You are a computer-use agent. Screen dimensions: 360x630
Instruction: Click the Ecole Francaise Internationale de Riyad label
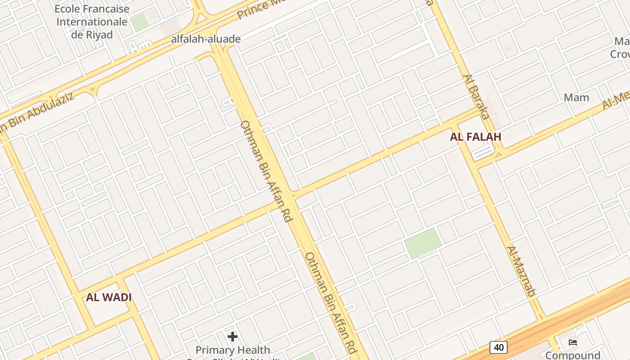[92, 21]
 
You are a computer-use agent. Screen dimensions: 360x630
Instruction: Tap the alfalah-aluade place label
[206, 39]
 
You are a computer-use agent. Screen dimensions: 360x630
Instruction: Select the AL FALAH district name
[475, 137]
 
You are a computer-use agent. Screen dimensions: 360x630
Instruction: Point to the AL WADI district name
[109, 297]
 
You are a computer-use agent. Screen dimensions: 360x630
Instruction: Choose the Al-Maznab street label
[521, 271]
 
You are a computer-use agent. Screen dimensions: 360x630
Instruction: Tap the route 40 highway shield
[499, 347]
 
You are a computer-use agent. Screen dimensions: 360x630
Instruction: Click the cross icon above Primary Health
[233, 336]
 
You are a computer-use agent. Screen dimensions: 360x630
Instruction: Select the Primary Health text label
[233, 350]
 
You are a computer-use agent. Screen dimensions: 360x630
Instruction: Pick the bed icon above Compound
[573, 342]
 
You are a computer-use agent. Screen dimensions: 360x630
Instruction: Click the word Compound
[573, 355]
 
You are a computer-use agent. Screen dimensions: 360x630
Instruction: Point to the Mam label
[576, 97]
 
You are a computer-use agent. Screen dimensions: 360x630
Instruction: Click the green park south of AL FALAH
[423, 243]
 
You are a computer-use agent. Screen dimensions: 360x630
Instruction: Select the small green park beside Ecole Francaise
[140, 22]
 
